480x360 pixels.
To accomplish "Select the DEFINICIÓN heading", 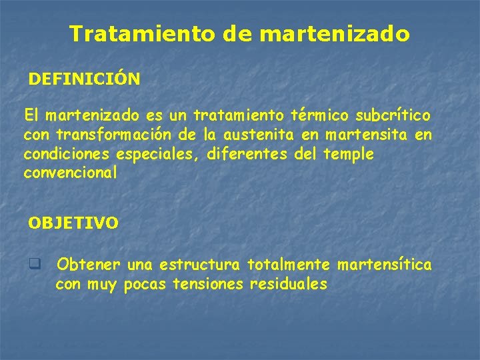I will tap(84, 79).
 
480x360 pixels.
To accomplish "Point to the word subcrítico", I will tap(394, 116).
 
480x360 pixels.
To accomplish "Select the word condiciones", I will tap(67, 155).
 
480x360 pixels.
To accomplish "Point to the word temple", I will tap(348, 155).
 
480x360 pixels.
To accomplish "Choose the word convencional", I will tap(70, 173).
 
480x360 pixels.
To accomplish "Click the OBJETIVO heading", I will tap(73, 223).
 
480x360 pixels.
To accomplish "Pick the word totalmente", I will tap(288, 265).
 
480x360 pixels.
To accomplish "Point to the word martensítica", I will tap(385, 265).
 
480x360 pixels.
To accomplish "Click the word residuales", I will tap(288, 285).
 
